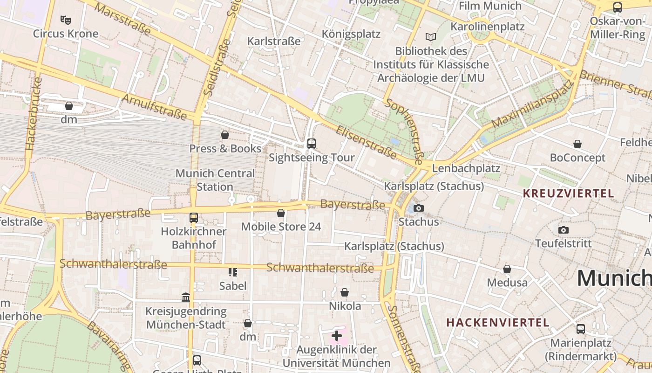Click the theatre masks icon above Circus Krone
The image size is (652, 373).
pos(66,20)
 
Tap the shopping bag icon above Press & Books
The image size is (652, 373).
pos(225,135)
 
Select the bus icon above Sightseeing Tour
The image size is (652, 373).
pos(312,144)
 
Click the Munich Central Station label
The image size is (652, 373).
pos(215,180)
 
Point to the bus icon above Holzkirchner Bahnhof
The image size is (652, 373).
pos(193,218)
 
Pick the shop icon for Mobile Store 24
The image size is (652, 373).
pos(281,213)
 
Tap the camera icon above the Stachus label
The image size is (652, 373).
pos(419,208)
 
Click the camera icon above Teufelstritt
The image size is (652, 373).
pos(563,230)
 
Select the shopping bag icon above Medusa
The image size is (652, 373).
pos(507,269)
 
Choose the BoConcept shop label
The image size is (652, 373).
pos(577,158)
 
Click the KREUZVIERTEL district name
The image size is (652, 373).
pos(568,193)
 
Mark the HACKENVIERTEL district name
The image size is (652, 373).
pos(498,322)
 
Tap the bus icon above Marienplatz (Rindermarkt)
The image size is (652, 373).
pos(580,329)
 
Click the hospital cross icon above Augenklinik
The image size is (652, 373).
pos(336,335)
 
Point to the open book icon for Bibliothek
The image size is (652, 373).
pos(431,37)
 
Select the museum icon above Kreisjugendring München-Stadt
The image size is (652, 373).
pos(186,297)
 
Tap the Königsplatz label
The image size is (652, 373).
pos(351,34)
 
